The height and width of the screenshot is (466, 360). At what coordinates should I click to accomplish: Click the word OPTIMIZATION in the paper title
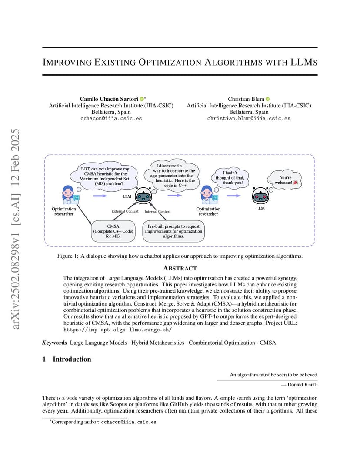pyautogui.click(x=170, y=62)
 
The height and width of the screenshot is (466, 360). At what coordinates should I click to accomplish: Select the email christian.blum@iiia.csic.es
pyautogui.click(x=249, y=118)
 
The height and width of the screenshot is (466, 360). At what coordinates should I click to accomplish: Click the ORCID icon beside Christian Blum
pyautogui.click(x=267, y=99)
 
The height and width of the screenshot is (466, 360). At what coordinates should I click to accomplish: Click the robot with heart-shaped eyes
pyautogui.click(x=260, y=196)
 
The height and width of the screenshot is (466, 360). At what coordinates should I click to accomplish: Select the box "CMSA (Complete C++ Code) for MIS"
pyautogui.click(x=113, y=231)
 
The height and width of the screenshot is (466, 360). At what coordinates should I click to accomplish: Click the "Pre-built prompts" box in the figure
pyautogui.click(x=173, y=231)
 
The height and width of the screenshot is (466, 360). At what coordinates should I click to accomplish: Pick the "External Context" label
pyautogui.click(x=125, y=211)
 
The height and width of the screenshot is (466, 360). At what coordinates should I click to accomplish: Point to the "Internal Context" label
pyautogui.click(x=157, y=212)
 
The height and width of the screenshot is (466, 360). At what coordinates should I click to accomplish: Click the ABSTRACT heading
pyautogui.click(x=180, y=268)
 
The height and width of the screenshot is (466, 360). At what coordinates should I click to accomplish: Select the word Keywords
pyautogui.click(x=54, y=343)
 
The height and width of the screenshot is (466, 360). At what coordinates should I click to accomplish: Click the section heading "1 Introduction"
pyautogui.click(x=67, y=359)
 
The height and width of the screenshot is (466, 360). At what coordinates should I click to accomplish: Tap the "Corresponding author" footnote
pyautogui.click(x=102, y=422)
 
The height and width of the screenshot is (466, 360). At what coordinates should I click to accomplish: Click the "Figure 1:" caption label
pyautogui.click(x=67, y=256)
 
